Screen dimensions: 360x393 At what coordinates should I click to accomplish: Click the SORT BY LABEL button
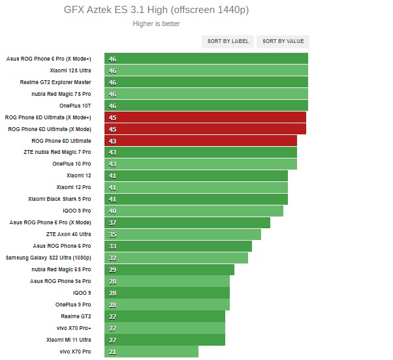(228, 41)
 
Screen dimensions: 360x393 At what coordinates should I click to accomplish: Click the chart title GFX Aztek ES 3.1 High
(156, 10)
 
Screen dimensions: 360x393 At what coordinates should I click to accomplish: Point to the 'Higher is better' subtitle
(156, 24)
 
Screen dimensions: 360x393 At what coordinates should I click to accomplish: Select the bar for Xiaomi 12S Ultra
(206, 70)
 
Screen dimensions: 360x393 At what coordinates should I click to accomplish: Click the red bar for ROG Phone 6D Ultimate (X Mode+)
(205, 117)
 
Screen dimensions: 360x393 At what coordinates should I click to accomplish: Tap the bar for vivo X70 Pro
(151, 352)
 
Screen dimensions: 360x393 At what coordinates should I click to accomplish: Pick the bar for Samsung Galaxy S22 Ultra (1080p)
(176, 258)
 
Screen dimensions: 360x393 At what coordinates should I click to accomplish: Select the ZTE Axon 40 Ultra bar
(182, 234)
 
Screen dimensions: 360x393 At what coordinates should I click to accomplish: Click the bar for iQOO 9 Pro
(193, 211)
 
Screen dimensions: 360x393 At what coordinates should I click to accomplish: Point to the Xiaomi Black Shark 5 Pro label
(59, 199)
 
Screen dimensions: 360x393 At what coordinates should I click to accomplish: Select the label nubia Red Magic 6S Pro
(61, 269)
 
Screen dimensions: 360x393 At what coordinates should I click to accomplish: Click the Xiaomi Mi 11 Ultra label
(69, 340)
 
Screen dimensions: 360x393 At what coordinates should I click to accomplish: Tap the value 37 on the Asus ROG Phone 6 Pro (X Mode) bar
(112, 222)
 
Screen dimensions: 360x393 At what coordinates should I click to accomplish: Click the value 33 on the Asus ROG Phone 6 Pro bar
(112, 246)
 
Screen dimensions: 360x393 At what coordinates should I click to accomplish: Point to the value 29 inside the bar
(112, 269)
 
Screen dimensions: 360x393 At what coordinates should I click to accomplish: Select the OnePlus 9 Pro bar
(166, 305)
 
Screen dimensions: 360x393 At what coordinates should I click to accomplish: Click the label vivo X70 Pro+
(73, 328)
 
